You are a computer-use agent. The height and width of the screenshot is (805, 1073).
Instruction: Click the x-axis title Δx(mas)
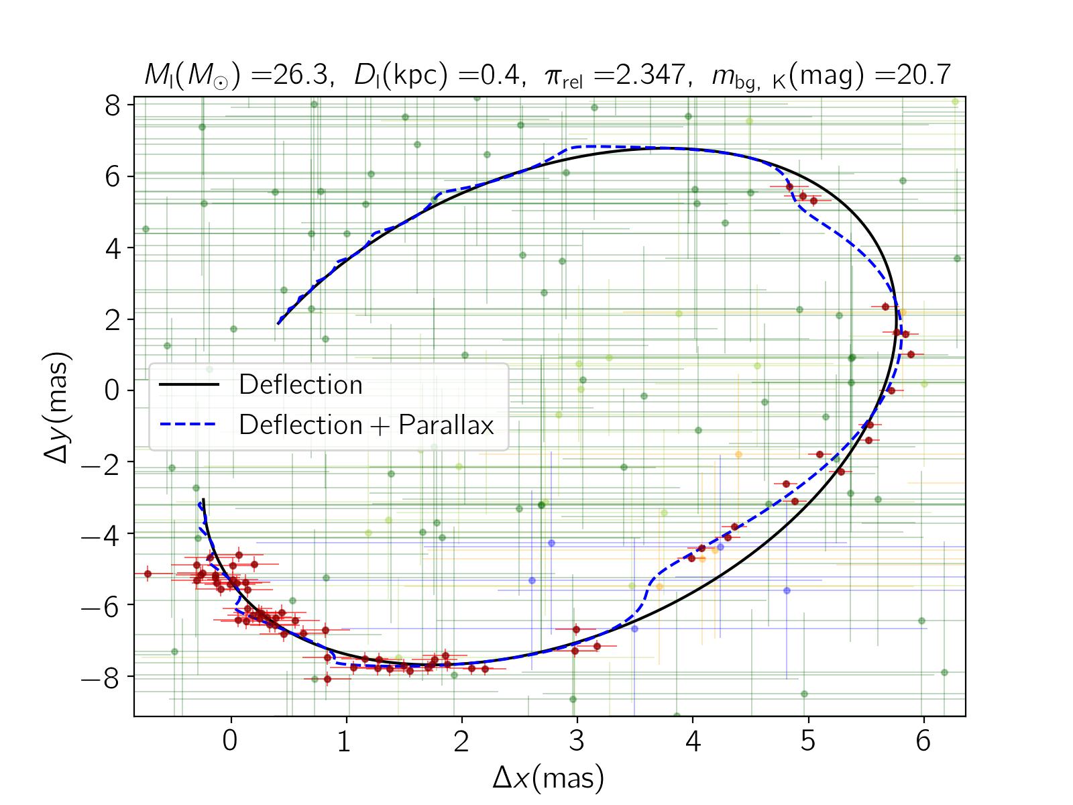point(549,778)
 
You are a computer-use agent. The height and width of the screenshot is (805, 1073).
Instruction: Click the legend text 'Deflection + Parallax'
point(366,425)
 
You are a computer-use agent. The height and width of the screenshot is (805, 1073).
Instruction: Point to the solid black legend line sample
point(189,384)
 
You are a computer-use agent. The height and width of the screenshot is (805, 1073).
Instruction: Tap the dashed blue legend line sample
point(189,425)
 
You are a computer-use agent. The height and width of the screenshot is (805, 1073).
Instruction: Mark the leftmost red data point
point(148,574)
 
